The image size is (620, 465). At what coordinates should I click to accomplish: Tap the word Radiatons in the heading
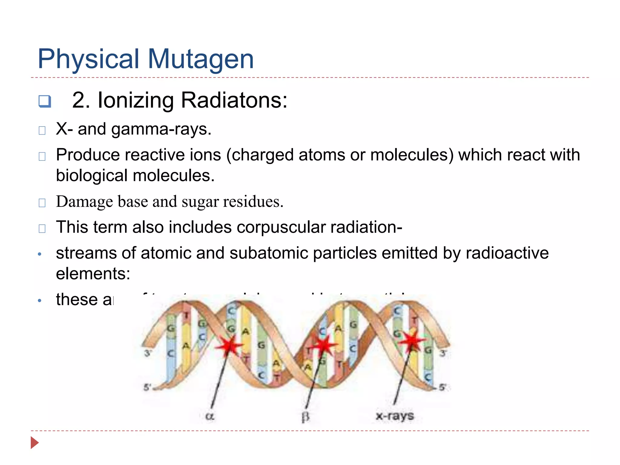coord(234,100)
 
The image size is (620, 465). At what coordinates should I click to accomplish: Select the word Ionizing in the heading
coord(136,101)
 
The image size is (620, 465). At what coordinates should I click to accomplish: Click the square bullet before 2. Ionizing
coord(45,101)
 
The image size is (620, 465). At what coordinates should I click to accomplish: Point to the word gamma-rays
coord(161,130)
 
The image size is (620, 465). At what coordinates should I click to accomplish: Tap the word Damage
coord(84,202)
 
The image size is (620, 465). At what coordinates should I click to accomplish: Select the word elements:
coord(93,274)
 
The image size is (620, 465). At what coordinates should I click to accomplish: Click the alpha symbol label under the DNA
coord(209,416)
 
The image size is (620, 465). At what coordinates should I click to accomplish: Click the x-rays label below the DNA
coord(394,416)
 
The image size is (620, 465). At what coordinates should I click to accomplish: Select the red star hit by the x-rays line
coord(412,341)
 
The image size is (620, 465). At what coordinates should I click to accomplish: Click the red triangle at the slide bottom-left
coord(35,443)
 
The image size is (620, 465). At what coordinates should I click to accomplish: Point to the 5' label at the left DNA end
coord(147,387)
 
